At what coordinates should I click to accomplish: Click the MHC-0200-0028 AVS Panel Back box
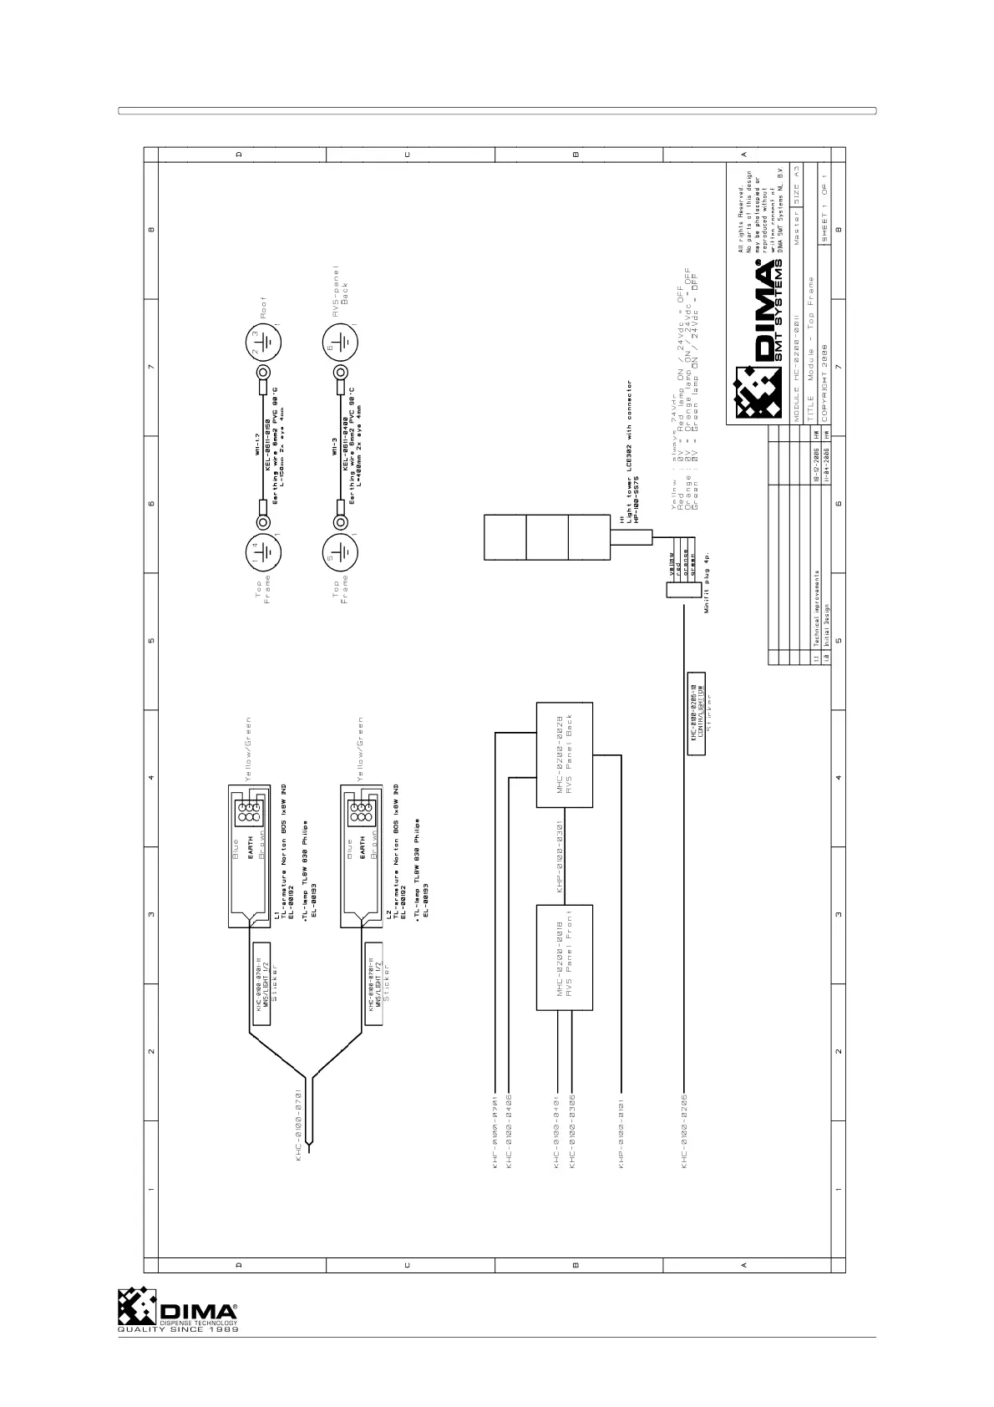565,755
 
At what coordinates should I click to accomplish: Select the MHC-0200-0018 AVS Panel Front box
565,957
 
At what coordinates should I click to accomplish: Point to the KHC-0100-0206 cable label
684,1130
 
